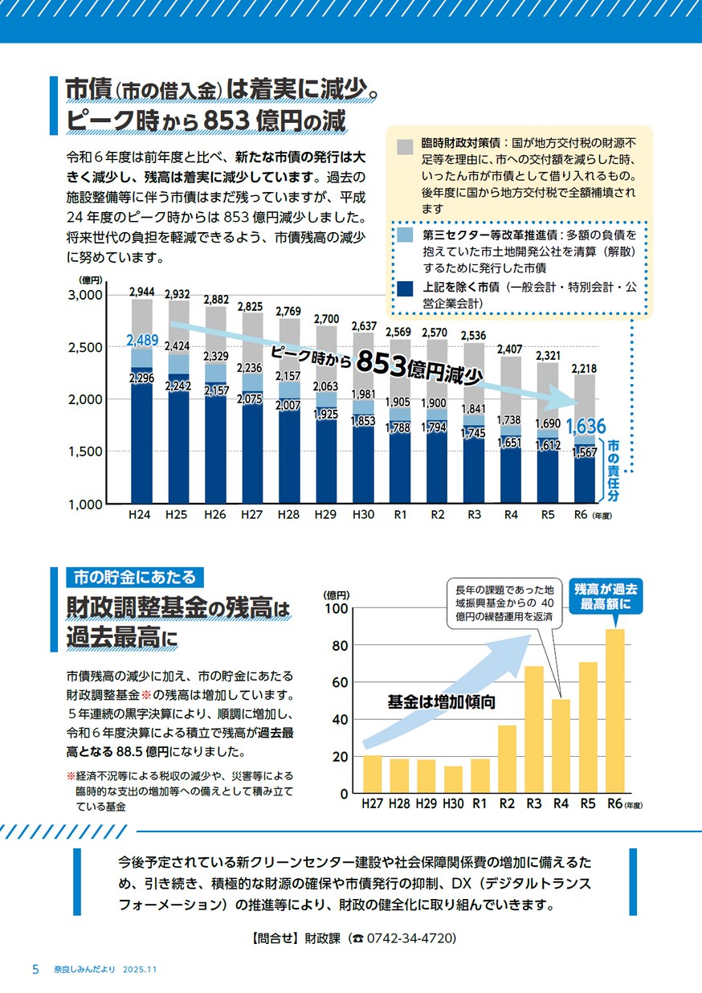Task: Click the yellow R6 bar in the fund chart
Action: tap(615, 711)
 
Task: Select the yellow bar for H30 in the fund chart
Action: tap(453, 779)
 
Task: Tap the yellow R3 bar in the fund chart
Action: tap(534, 729)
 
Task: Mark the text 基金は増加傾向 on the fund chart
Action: tap(441, 701)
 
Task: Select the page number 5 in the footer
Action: tap(35, 969)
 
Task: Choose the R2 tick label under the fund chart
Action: tap(507, 803)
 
